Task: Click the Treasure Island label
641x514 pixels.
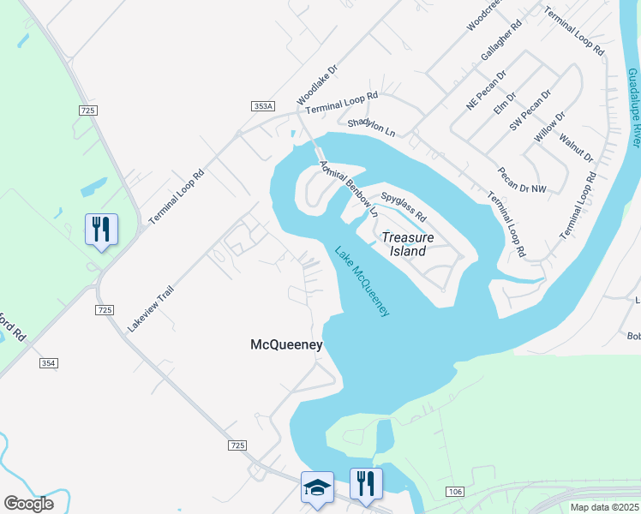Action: pyautogui.click(x=408, y=244)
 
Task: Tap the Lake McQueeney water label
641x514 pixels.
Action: pyautogui.click(x=362, y=282)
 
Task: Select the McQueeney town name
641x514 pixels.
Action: pyautogui.click(x=286, y=345)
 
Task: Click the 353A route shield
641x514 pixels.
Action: pyautogui.click(x=263, y=105)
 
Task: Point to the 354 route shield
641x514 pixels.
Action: pyautogui.click(x=48, y=363)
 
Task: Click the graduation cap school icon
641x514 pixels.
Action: pyautogui.click(x=317, y=489)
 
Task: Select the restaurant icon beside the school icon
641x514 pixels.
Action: pyautogui.click(x=365, y=483)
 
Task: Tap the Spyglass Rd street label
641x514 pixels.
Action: pyautogui.click(x=403, y=206)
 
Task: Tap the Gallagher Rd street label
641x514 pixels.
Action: pyautogui.click(x=501, y=40)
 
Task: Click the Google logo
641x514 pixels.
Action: pyautogui.click(x=29, y=504)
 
